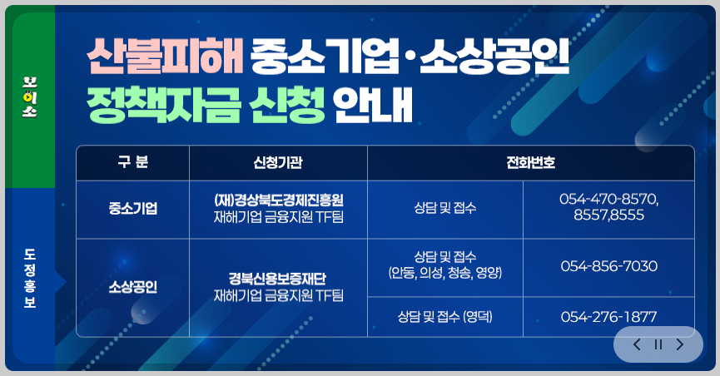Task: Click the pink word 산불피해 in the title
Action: coord(163,57)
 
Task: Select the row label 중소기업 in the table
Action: coord(132,208)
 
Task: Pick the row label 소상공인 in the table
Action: coord(132,287)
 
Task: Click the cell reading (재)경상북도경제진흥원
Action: coord(278,200)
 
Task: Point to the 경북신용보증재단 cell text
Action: coord(278,279)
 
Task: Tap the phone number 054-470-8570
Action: coord(608,200)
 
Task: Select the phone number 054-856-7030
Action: coord(608,266)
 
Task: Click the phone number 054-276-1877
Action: coord(608,317)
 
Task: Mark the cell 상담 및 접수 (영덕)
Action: coord(445,317)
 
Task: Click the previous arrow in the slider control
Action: coord(637,344)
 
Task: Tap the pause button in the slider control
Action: coord(658,344)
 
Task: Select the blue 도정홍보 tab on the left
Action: coord(30,279)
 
